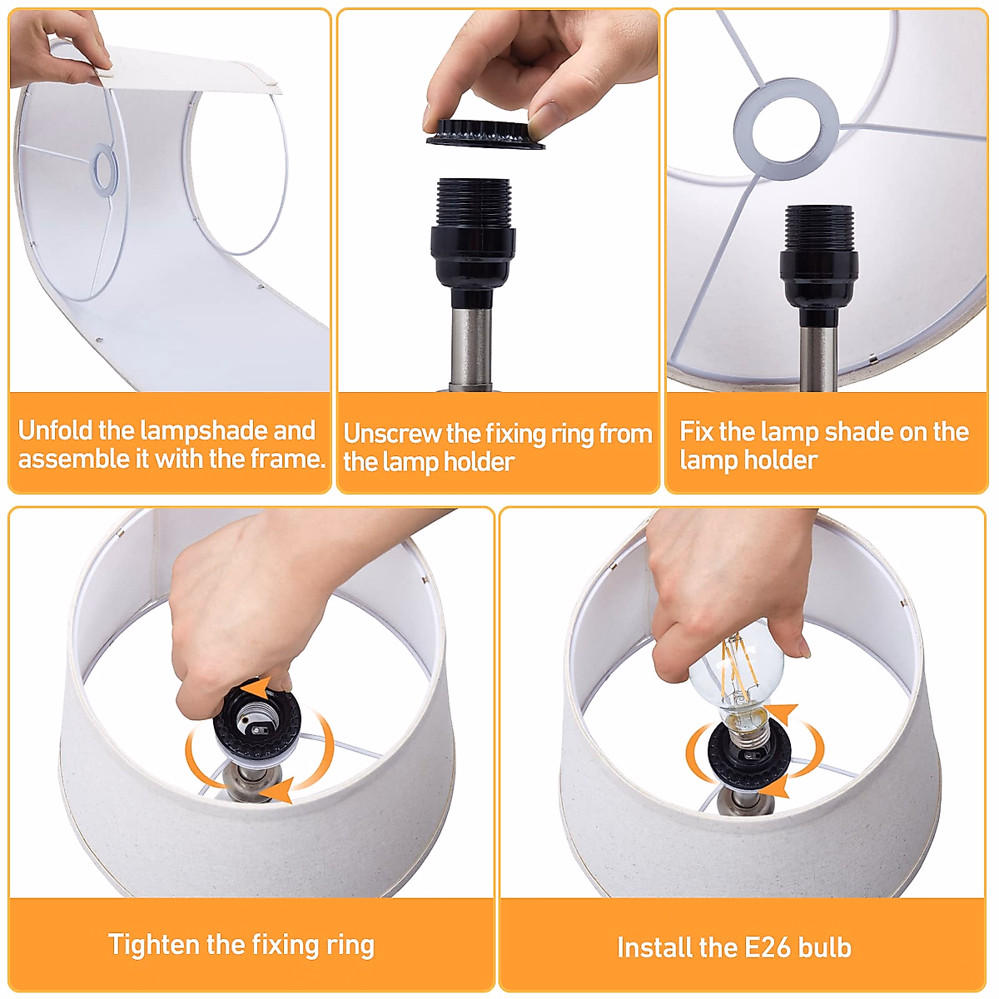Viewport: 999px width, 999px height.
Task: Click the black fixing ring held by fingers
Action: click(x=485, y=134)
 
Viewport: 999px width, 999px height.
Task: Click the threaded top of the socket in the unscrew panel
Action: click(x=474, y=203)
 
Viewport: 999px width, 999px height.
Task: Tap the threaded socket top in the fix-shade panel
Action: click(x=818, y=228)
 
